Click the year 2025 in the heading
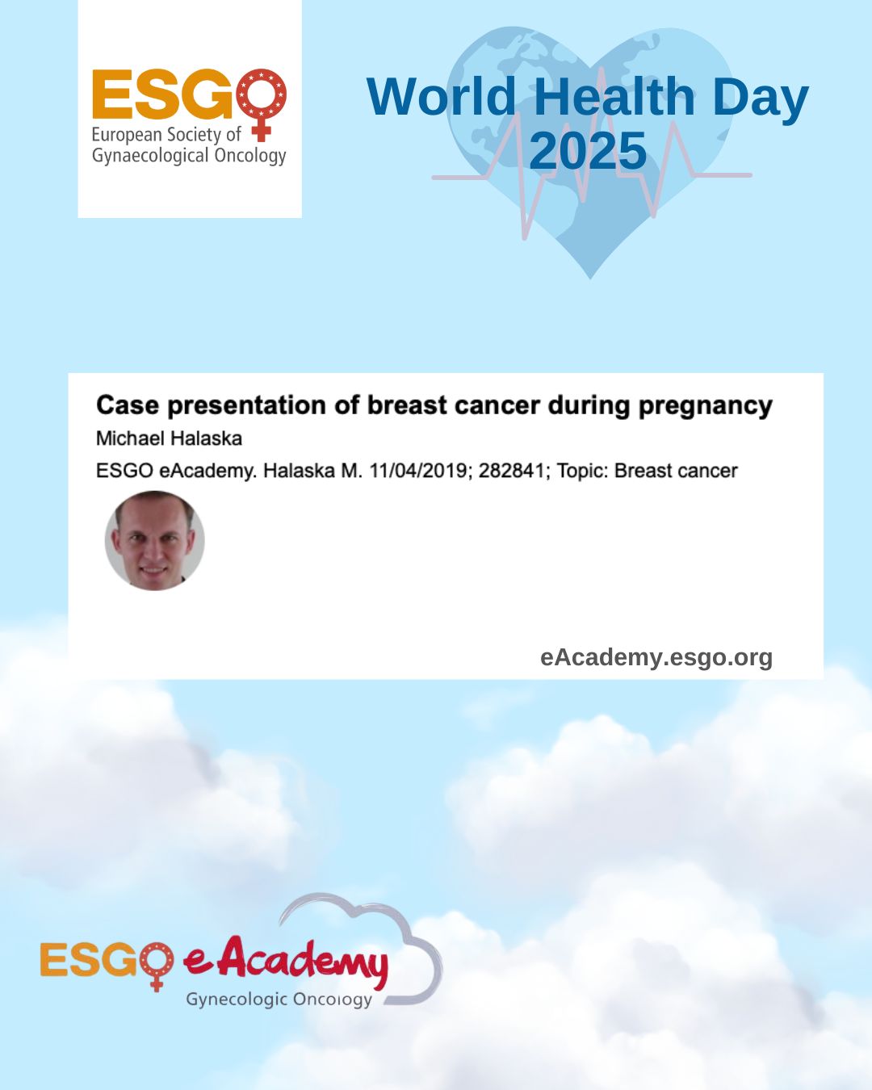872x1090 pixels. pos(588,150)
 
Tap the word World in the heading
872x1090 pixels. pos(441,96)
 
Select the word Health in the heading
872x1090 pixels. pos(614,96)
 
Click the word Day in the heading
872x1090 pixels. pos(761,100)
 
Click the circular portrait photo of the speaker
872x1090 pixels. pos(154,540)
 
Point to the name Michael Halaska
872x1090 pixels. pos(170,438)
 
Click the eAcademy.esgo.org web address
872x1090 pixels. pos(656,658)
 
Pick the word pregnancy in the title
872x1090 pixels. pos(706,406)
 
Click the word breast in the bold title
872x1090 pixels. pos(407,405)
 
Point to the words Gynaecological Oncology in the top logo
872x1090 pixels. pos(189,156)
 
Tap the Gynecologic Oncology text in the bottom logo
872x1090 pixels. pos(279,1000)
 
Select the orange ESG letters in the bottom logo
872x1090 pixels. pos(89,959)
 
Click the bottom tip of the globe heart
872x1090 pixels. pos(590,279)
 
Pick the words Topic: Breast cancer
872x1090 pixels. pos(647,471)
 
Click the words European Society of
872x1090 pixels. pos(166,135)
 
